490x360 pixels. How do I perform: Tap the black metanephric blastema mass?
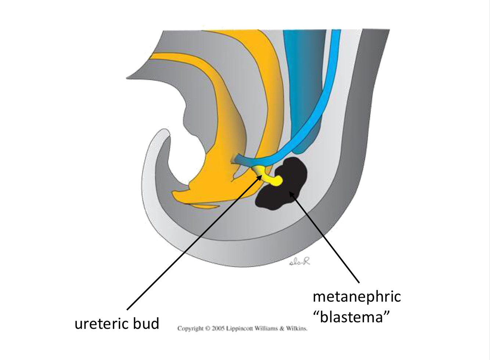[283, 187]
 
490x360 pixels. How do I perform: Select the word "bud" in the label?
[146, 324]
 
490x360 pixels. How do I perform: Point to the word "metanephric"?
[357, 297]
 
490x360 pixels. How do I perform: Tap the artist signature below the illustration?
[300, 262]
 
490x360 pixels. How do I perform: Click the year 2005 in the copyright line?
[218, 328]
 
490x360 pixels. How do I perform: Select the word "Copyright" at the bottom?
[190, 328]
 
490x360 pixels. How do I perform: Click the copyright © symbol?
[208, 328]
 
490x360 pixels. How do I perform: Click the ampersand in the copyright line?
[282, 328]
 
